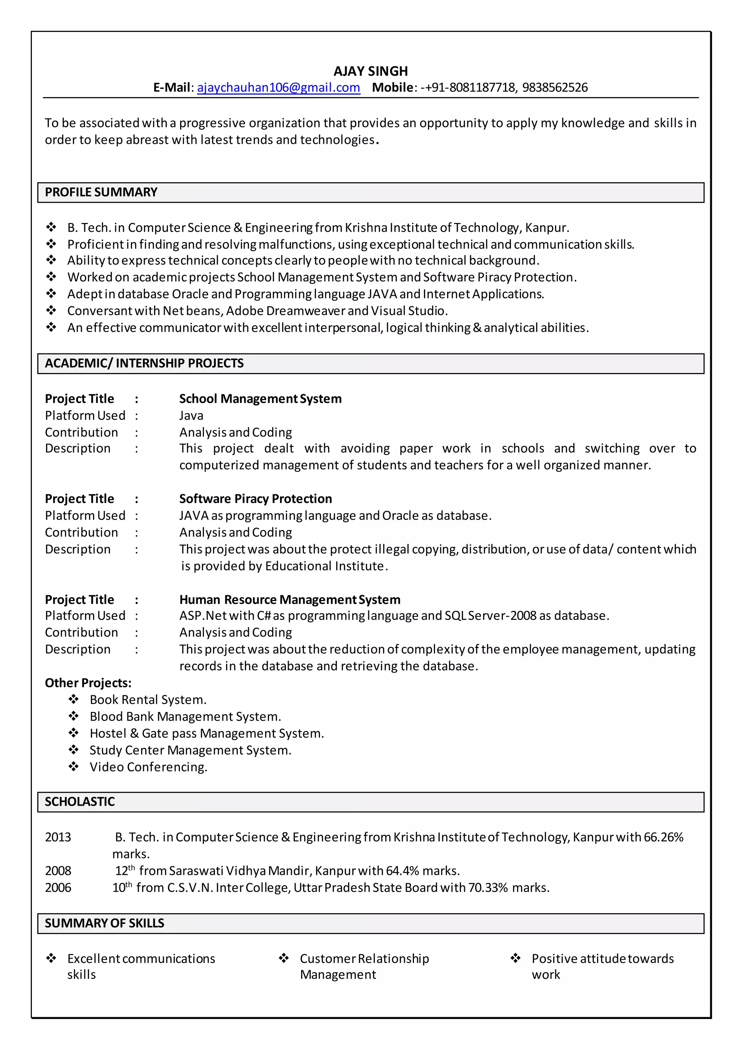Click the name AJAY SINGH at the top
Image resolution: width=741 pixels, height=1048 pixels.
coord(370,71)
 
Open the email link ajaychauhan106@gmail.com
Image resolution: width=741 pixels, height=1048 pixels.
coord(278,87)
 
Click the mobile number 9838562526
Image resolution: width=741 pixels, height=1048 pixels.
coord(555,87)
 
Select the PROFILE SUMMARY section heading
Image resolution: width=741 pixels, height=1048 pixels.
coord(101,192)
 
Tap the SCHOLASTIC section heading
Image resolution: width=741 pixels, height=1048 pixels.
coord(80,801)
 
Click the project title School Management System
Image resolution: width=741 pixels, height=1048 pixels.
coord(260,399)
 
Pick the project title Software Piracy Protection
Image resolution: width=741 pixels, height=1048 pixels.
coord(255,499)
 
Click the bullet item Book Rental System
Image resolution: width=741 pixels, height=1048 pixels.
coord(148,700)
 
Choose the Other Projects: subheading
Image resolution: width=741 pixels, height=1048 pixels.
coord(88,683)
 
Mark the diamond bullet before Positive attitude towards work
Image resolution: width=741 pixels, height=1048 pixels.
coord(516,958)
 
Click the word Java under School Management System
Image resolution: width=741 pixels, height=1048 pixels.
coord(191,416)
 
